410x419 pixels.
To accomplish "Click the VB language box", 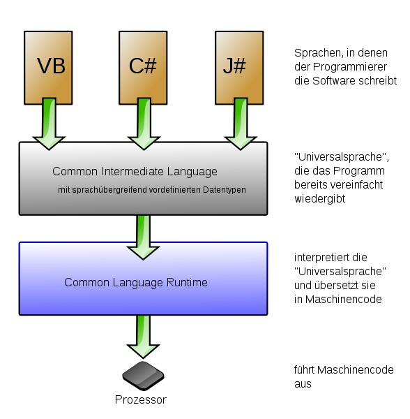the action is [48, 68].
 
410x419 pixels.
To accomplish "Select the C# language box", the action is [143, 68].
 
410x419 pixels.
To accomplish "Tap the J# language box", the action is [239, 68].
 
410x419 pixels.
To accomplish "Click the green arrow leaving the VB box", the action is [49, 124].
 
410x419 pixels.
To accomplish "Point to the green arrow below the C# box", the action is [144, 124].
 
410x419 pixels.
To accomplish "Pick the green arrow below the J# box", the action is [241, 124].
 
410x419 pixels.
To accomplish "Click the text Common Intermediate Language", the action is [135, 172].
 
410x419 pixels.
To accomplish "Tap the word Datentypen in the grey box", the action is [224, 190].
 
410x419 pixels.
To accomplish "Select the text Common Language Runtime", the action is [136, 283].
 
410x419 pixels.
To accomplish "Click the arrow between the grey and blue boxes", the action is [144, 237].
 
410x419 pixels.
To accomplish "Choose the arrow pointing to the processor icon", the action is [144, 337].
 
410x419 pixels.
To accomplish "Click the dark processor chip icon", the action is [143, 376].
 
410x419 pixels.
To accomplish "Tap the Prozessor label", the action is [141, 399].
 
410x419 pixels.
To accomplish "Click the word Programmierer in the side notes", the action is [350, 67].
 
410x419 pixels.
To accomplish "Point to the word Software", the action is [334, 81].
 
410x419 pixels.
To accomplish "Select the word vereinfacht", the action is [356, 185].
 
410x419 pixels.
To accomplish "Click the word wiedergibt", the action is [320, 199].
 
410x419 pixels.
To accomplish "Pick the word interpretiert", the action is [322, 258].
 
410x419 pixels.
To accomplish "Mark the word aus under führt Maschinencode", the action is [303, 384].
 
